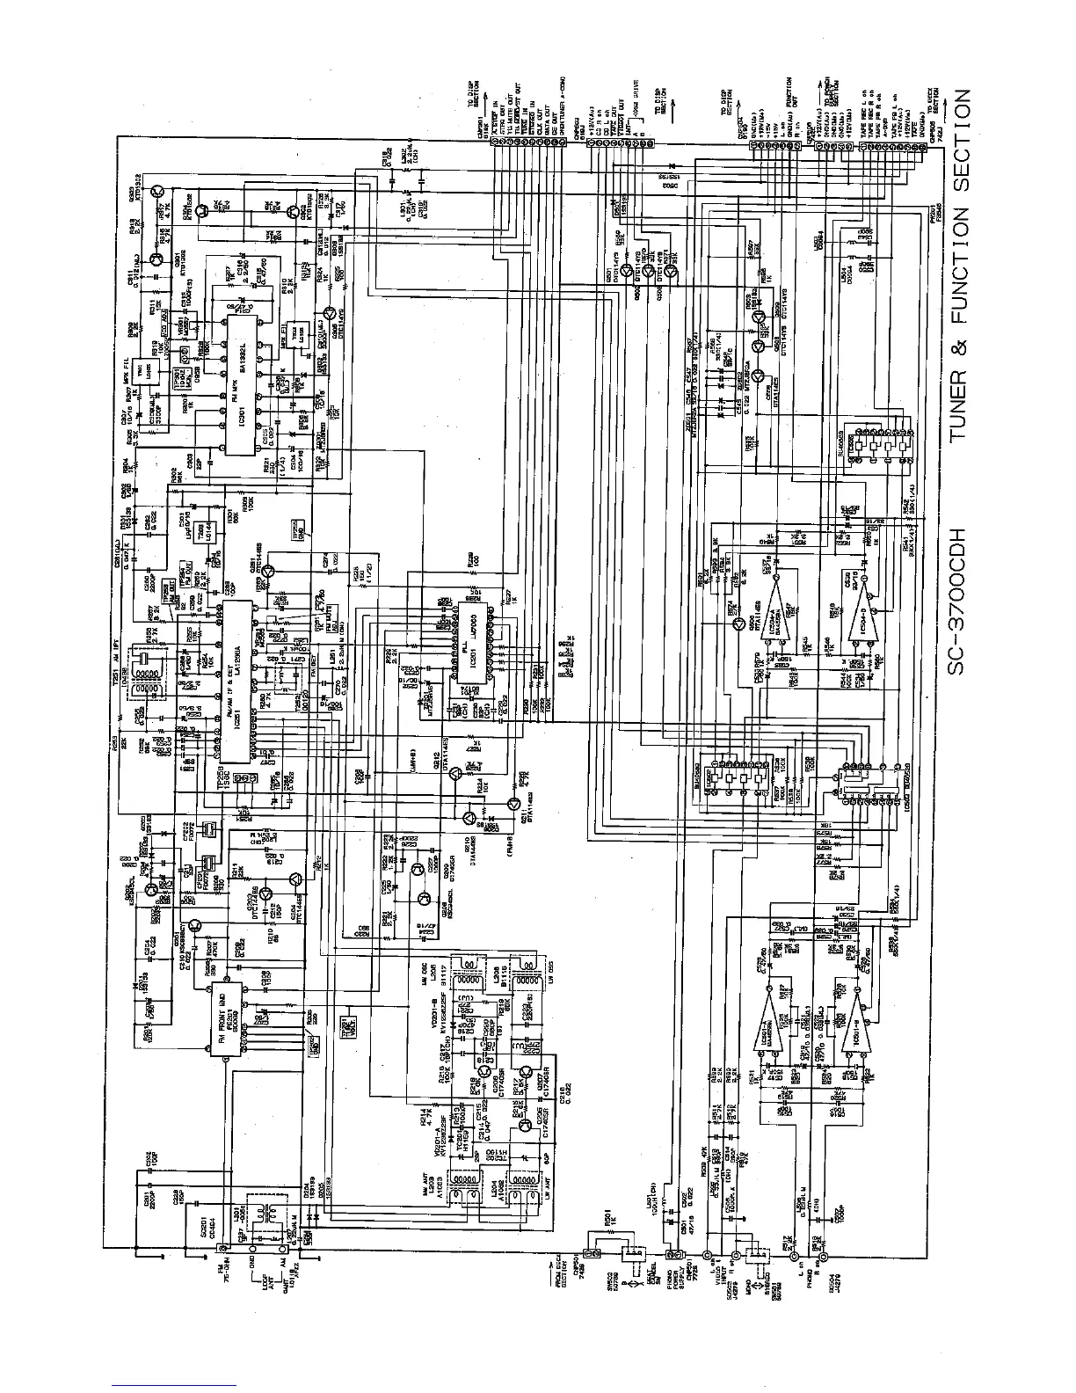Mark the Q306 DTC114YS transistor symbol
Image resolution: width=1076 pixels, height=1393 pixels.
pos(329,313)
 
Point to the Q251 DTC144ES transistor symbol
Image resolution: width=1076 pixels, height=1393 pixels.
pos(270,572)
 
